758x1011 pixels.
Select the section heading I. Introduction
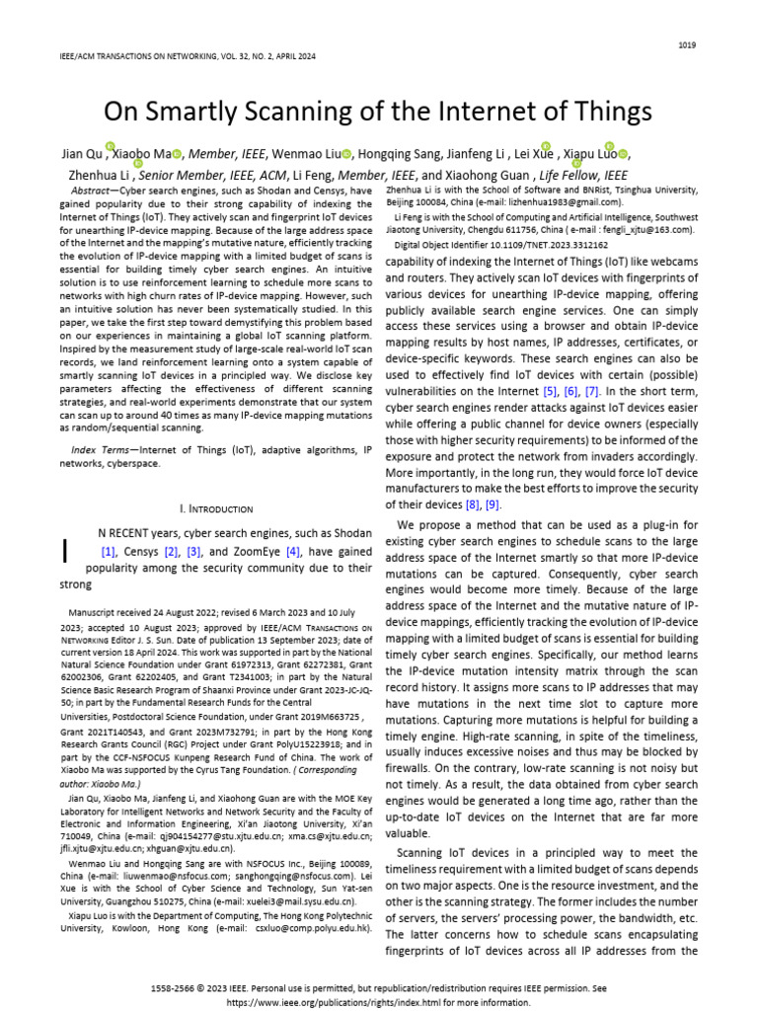coord(216,508)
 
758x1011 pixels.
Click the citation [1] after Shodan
coord(109,552)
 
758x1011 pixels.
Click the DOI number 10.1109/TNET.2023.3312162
coord(536,243)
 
